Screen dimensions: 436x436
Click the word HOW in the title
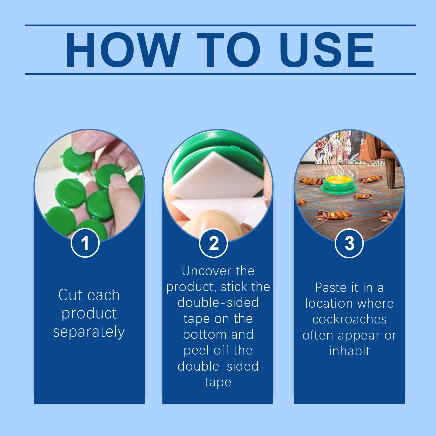123,50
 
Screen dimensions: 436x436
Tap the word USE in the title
327,50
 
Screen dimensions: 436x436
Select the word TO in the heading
228,50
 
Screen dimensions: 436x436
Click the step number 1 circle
85,243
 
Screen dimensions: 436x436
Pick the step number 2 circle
214,243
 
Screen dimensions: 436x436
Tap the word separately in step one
89,332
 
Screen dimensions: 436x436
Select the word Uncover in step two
207,271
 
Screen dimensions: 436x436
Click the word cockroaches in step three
349,319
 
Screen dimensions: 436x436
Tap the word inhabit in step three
349,351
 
